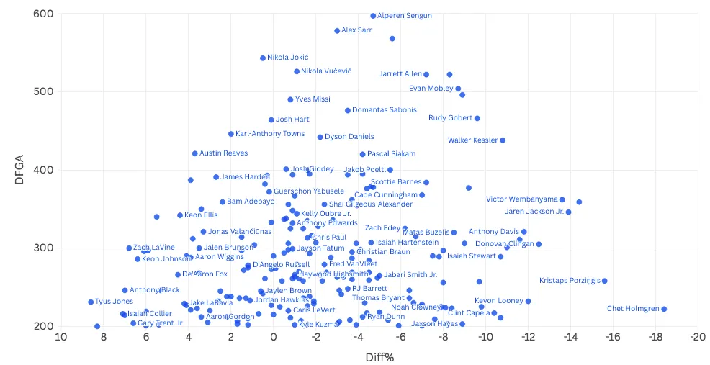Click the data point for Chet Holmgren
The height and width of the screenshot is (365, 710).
click(x=664, y=309)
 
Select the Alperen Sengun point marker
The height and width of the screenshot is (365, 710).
click(x=373, y=16)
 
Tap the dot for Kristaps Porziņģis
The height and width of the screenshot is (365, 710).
click(x=605, y=281)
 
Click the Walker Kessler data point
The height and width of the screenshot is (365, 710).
click(x=503, y=140)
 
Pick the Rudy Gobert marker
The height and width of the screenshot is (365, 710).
click(x=477, y=118)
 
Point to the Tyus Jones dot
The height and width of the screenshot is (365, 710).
click(x=91, y=302)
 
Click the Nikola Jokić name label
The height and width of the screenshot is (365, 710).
click(x=288, y=58)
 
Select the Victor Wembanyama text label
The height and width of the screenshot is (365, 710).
click(x=521, y=199)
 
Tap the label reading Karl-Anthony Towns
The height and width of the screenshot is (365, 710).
click(x=270, y=134)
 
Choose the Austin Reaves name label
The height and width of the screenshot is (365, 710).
click(x=223, y=153)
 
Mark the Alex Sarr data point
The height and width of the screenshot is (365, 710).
click(x=337, y=30)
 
